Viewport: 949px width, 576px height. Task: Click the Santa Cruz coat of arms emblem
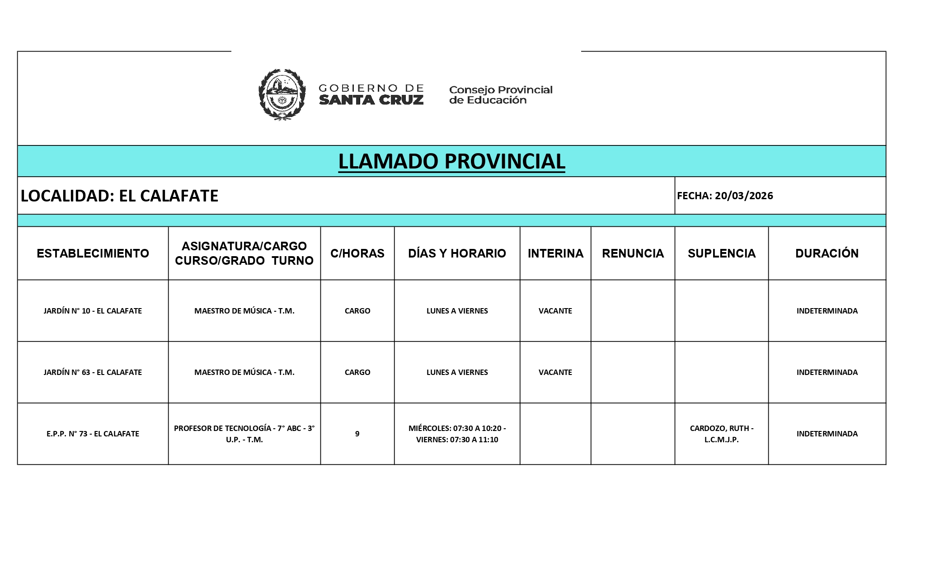[282, 94]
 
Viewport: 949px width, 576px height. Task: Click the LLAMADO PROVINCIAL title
[451, 161]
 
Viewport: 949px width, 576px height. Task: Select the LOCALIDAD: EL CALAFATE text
[119, 196]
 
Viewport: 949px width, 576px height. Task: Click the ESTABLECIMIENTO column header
[93, 253]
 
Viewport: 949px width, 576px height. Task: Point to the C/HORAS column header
[357, 253]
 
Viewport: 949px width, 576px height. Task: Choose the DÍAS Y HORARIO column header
[457, 253]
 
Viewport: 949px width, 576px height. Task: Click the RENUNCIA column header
[633, 253]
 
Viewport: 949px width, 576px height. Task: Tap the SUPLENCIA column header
[721, 253]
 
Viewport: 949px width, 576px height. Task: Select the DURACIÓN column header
[827, 253]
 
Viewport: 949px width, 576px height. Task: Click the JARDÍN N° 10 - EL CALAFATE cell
[93, 311]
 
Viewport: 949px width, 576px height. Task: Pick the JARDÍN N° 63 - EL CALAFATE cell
[93, 372]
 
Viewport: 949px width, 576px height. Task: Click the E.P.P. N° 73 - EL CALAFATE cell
[93, 434]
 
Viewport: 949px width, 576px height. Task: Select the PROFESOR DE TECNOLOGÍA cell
[244, 434]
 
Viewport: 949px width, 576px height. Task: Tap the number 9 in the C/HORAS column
[357, 434]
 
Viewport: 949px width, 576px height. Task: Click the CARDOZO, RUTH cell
[721, 434]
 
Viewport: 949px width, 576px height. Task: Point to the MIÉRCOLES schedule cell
[457, 434]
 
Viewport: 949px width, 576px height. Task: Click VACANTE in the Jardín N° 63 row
[555, 372]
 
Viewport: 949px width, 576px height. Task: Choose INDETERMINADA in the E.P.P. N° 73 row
[827, 434]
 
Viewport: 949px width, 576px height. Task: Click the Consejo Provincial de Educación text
[500, 95]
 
